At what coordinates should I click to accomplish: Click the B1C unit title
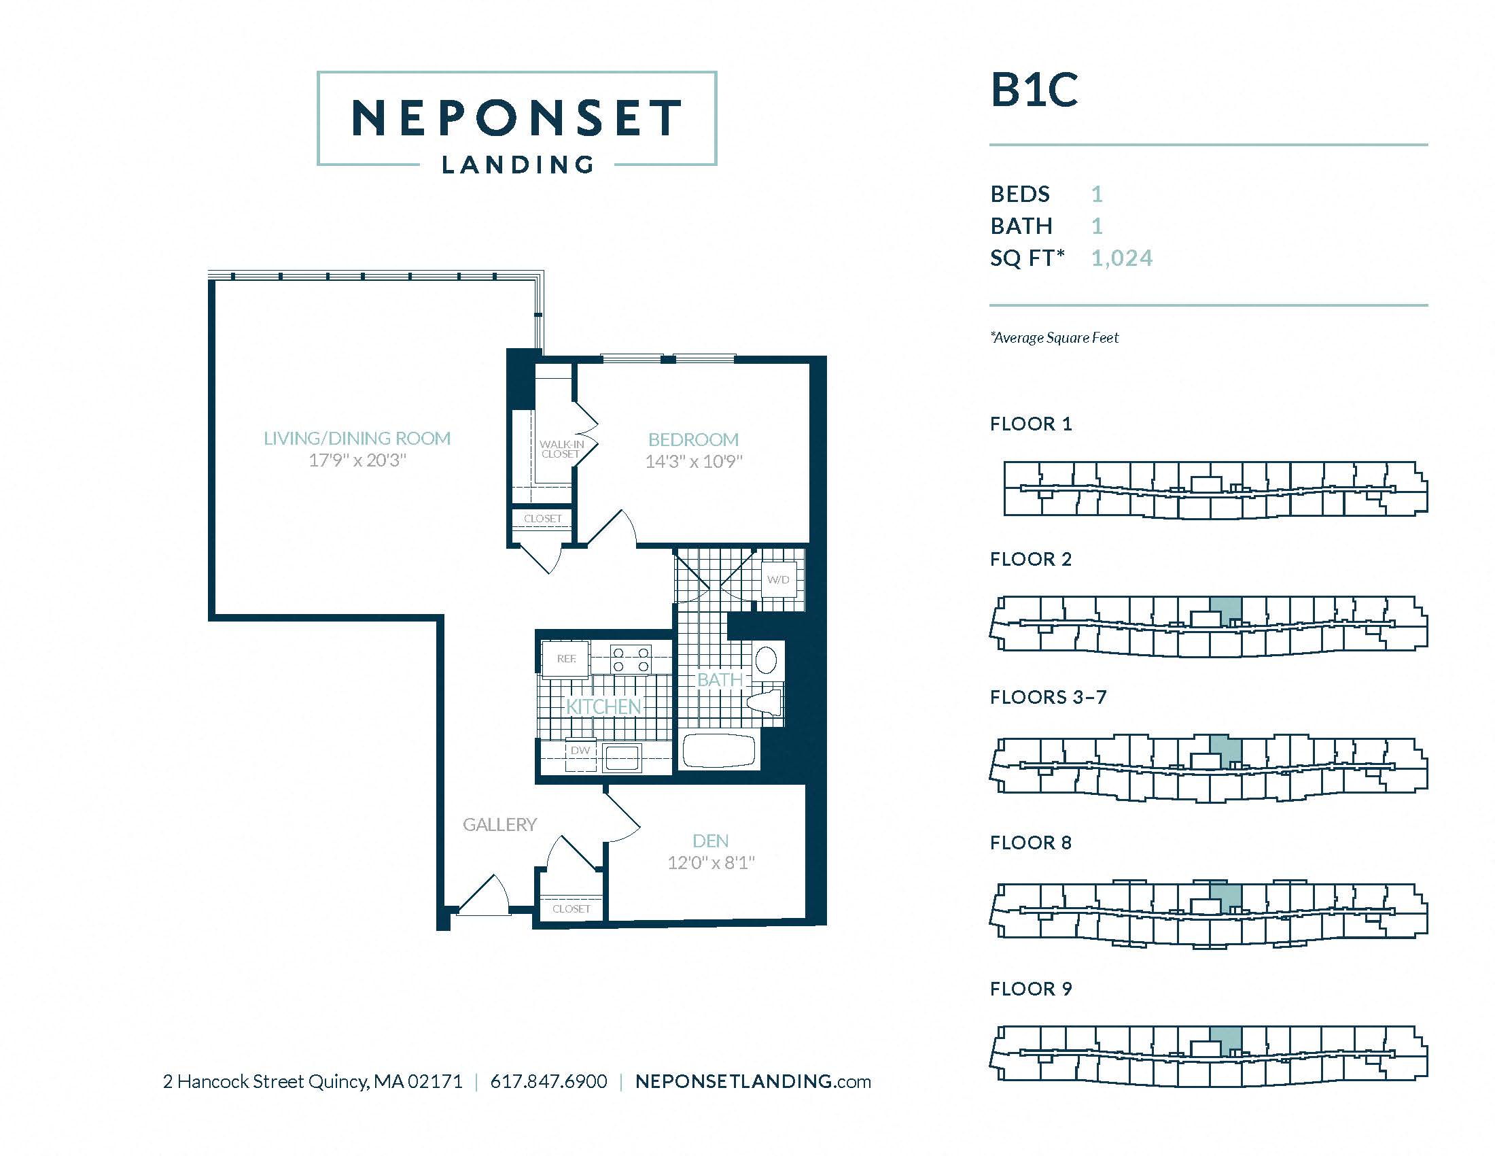(x=1034, y=91)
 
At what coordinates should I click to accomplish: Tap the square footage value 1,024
(x=1121, y=258)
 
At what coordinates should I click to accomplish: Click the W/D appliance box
(x=778, y=579)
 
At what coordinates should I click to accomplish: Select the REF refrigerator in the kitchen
(x=565, y=659)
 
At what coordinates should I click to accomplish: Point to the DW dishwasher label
(x=580, y=751)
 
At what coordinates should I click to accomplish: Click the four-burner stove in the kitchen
(x=631, y=659)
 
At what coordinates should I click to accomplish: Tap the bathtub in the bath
(x=719, y=751)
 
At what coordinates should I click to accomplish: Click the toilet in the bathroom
(x=765, y=701)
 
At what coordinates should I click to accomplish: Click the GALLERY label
(x=499, y=825)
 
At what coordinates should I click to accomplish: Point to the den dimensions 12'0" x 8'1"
(x=711, y=863)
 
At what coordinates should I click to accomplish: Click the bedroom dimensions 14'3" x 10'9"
(x=693, y=462)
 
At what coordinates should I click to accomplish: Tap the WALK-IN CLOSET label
(x=561, y=449)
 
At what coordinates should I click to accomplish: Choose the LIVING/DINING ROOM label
(x=357, y=439)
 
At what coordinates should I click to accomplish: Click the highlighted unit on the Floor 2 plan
(x=1226, y=609)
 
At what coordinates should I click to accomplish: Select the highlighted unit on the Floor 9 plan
(x=1226, y=1040)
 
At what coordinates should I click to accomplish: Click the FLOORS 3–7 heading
(x=1047, y=697)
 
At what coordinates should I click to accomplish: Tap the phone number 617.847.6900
(x=548, y=1081)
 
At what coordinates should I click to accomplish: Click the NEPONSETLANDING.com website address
(x=752, y=1081)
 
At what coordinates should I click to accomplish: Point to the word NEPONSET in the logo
(x=516, y=118)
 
